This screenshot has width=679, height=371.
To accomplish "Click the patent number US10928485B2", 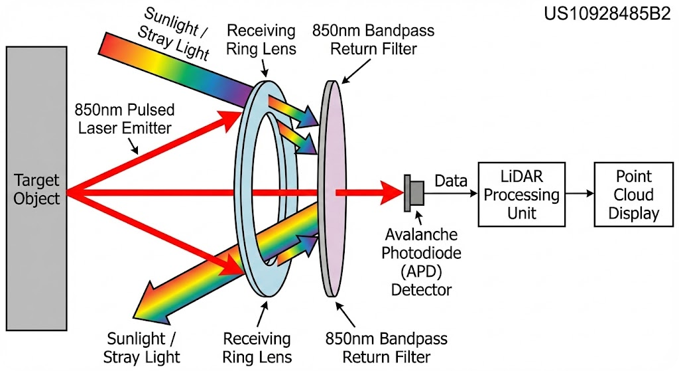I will coord(607,14).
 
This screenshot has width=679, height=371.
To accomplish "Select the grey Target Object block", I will coord(36,188).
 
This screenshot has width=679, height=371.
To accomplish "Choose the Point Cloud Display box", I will coord(633,194).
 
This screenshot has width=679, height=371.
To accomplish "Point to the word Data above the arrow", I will coord(451,180).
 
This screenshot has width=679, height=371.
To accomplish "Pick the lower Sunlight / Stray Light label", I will coord(142,347).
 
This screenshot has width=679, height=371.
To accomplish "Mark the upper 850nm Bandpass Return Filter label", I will coord(373,40).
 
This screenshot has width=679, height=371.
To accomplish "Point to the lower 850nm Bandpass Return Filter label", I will coord(386,347).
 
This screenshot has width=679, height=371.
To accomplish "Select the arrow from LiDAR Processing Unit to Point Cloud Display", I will coord(579,194).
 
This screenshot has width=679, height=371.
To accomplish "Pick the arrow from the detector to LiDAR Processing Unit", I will coord(452,194).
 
